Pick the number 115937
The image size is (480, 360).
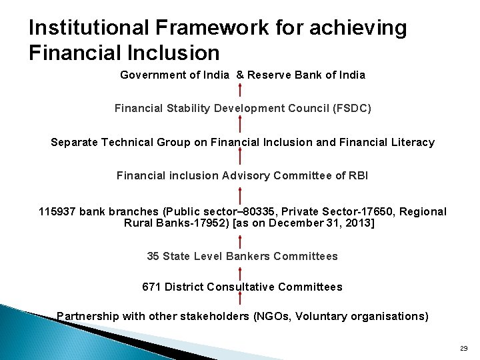click(x=57, y=211)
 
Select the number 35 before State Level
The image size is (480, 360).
click(x=153, y=256)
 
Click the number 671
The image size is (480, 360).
click(x=151, y=287)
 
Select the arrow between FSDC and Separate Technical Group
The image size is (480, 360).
click(x=240, y=124)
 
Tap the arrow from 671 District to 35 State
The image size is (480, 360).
click(x=240, y=271)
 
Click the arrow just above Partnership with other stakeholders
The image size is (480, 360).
click(x=240, y=301)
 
